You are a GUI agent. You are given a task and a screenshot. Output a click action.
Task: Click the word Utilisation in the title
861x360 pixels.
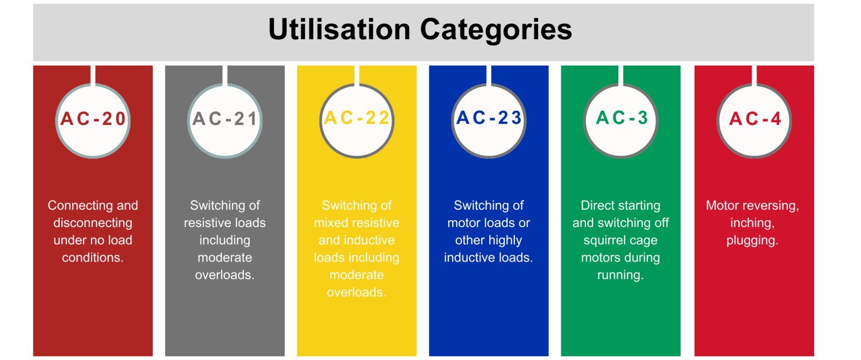click(340, 30)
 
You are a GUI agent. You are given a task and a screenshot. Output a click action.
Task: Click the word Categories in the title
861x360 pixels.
click(496, 31)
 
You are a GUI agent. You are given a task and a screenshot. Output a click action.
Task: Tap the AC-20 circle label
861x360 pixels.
click(93, 118)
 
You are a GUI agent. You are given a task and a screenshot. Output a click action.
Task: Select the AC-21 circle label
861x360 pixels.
click(225, 118)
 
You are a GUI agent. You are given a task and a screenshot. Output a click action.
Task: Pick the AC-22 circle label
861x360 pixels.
click(357, 117)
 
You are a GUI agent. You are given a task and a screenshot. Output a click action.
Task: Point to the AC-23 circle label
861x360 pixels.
click(489, 117)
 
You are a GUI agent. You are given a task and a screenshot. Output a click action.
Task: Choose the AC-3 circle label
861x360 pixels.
click(621, 117)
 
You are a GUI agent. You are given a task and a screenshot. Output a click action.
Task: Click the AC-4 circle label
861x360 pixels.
click(754, 118)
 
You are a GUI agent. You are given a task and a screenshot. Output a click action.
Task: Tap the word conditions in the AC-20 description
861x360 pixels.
click(93, 257)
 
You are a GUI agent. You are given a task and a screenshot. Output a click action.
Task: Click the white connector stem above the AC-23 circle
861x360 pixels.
click(489, 75)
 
